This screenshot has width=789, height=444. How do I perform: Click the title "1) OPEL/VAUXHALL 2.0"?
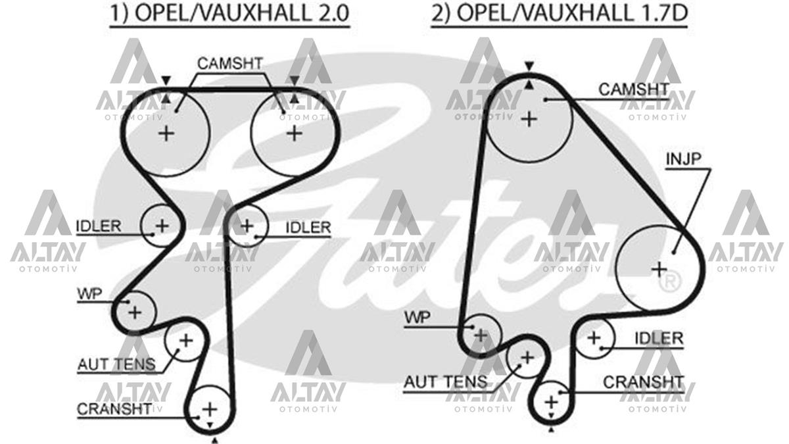229,13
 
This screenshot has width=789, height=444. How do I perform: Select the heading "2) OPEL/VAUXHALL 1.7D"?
560,13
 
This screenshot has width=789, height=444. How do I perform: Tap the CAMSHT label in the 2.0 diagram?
230,64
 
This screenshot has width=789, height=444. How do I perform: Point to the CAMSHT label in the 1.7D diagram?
634,89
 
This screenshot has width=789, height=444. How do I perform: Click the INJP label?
683,159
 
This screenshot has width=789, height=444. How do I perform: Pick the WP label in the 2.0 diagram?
90,293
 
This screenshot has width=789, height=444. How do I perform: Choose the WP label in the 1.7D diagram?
418,318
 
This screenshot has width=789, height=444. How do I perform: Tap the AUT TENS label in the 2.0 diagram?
116,364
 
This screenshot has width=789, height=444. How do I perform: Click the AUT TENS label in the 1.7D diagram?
446,382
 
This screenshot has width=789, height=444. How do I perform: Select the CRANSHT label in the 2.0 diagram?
114,409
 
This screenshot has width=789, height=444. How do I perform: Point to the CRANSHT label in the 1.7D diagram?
644,382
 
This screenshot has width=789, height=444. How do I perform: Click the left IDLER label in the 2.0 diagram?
99,226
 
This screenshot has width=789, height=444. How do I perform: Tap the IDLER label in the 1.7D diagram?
659,339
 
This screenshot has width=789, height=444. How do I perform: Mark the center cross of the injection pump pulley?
659,270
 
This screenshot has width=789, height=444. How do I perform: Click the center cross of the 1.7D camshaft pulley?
529,120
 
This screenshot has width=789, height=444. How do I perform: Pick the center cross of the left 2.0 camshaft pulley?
166,134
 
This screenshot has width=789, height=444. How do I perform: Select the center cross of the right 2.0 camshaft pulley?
295,134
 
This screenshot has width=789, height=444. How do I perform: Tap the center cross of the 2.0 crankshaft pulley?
210,409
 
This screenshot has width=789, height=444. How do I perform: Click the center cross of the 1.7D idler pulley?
594,338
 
